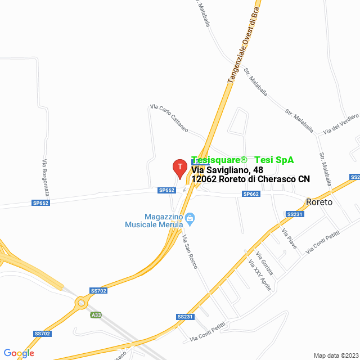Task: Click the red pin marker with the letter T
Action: coord(179,168)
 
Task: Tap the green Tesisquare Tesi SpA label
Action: coord(242,160)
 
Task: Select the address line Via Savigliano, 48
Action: coord(227,169)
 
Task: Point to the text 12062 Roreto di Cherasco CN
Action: coord(250,179)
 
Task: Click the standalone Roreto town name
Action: coord(319,202)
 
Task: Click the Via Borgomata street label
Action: coord(44,175)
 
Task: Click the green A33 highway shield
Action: coord(96,315)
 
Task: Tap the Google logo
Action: coord(19,353)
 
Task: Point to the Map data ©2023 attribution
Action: coord(335,355)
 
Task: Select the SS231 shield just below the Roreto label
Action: coord(295,214)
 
